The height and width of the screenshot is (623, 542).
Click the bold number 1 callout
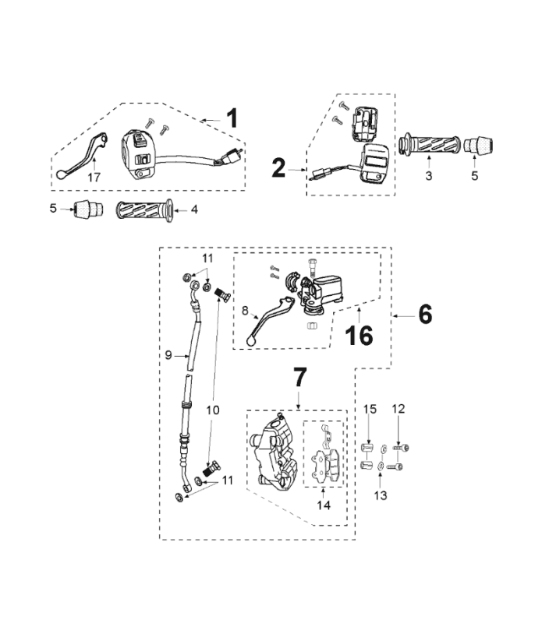point(231,118)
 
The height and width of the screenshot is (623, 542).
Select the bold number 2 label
point(279,167)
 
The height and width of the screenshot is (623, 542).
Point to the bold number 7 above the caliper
point(300,377)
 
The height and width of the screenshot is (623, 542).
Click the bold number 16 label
point(360,336)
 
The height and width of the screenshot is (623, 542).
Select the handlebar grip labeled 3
point(427,145)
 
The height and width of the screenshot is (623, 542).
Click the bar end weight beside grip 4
point(84,209)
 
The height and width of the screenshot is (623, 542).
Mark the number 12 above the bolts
point(399,409)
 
